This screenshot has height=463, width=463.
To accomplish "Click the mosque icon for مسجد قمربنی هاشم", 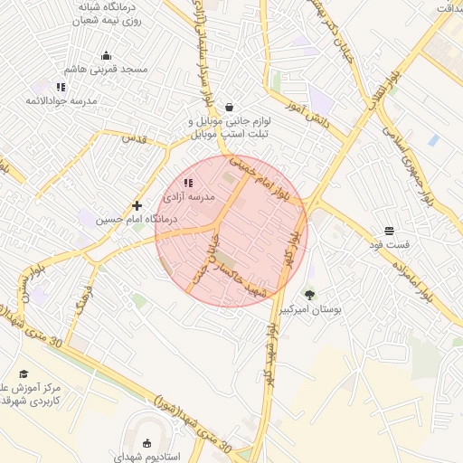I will point(107,55).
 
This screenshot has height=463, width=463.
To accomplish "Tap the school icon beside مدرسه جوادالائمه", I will point(61,87).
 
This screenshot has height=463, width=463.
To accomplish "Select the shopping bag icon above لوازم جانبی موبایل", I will point(228,106).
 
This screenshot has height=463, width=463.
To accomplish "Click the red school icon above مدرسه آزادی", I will point(188,184).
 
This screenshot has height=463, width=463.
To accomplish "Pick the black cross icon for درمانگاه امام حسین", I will point(137,205).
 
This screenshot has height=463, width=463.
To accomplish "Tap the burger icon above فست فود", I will point(389,231).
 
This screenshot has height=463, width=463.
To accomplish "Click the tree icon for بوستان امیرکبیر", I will point(310,295).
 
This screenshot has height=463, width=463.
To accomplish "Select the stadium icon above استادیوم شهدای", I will point(147,443).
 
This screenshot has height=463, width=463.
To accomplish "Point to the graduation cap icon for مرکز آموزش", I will point(24,373).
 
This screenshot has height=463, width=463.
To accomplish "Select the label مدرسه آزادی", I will point(189,196).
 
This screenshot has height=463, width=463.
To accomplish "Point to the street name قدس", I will point(134,137).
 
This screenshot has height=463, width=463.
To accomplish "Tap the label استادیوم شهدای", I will point(148,457).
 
